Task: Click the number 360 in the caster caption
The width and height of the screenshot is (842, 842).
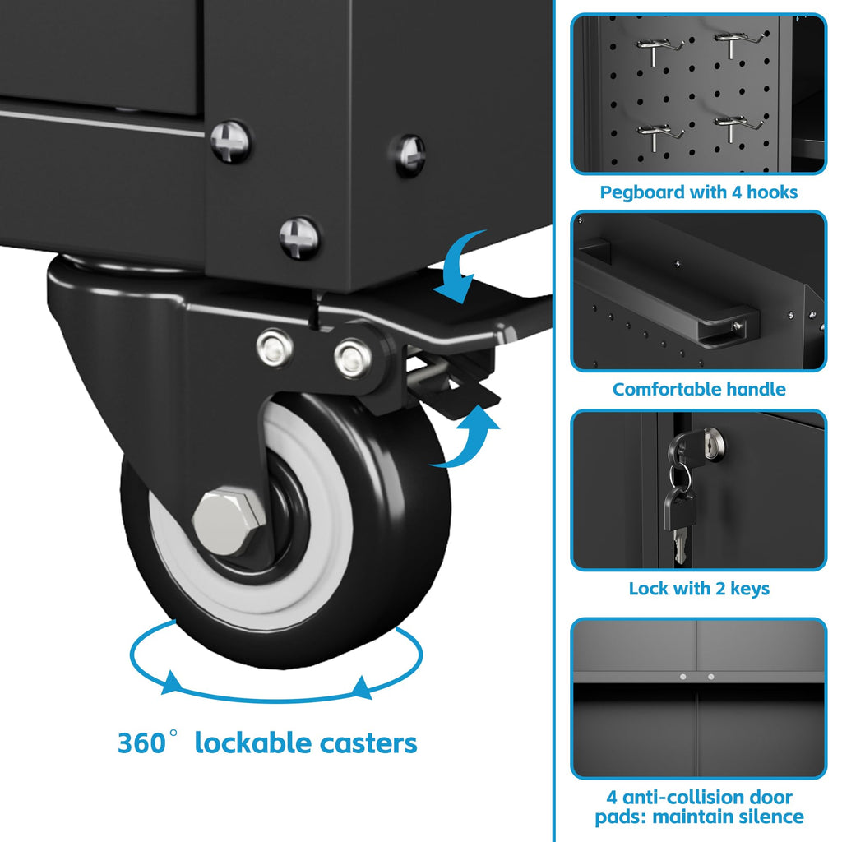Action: click(x=141, y=743)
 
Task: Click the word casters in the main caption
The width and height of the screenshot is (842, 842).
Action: click(x=368, y=744)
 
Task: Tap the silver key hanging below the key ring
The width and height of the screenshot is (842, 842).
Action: click(x=680, y=543)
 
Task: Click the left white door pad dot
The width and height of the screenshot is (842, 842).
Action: click(x=683, y=677)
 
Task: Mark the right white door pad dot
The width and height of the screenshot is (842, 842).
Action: click(x=711, y=677)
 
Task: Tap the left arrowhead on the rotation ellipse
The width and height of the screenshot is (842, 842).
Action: click(x=172, y=682)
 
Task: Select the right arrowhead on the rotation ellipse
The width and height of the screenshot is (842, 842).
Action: click(x=362, y=687)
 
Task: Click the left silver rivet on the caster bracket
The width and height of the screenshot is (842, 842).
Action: click(x=275, y=348)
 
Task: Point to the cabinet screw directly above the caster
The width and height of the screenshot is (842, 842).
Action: click(x=299, y=238)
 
